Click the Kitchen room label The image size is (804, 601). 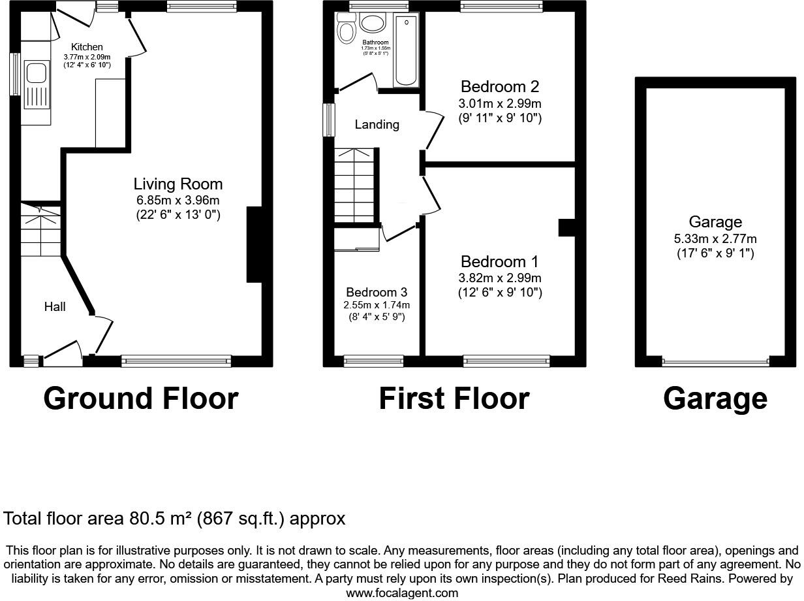pos(87,47)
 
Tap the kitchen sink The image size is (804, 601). pos(37,85)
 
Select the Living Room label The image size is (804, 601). pos(178,184)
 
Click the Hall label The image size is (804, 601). pos(55,306)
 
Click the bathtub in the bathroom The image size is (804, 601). pos(406,51)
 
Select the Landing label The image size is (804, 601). pos(377,124)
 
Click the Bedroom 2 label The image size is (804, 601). pos(501,87)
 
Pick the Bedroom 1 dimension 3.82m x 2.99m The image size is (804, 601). pos(500,278)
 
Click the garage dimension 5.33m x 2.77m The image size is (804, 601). pos(716,239)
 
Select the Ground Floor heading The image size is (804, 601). pos(141,398)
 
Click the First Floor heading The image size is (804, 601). pos(454,398)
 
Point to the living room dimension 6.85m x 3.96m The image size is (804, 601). pos(178,200)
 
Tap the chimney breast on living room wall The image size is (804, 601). pos(254,244)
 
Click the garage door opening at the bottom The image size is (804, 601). pos(716,362)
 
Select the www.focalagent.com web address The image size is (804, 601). pos(402,593)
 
